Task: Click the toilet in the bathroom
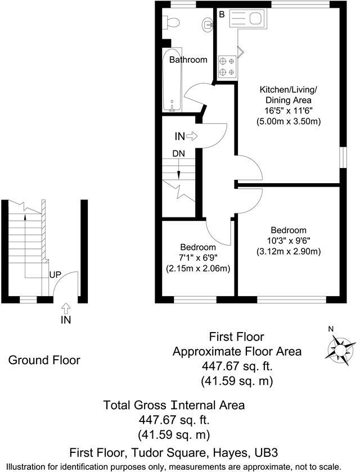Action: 171,22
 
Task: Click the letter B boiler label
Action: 222,13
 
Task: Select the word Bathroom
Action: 188,60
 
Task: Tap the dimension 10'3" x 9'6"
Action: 289,240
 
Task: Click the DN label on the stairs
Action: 178,152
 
